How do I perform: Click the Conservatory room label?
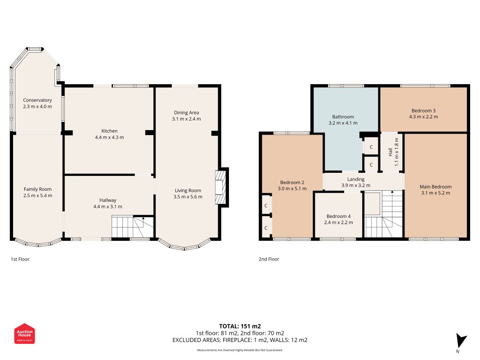tap(37, 100)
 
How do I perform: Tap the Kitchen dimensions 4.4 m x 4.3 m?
tap(109, 137)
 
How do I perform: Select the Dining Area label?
tap(186, 112)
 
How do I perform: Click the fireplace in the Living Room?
tap(220, 187)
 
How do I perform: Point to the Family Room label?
tap(38, 189)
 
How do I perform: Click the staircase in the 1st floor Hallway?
tap(133, 226)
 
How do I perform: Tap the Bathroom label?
tap(343, 117)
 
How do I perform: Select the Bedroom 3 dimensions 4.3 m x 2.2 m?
tap(423, 117)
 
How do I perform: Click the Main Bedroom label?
tap(435, 187)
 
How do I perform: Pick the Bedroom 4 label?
tap(339, 216)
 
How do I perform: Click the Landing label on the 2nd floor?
tap(356, 179)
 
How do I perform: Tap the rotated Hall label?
tap(390, 152)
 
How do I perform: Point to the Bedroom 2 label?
tap(292, 182)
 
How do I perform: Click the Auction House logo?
tap(24, 333)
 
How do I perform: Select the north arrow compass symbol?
tap(461, 342)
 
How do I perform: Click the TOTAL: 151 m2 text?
tap(240, 326)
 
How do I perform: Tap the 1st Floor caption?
tap(20, 259)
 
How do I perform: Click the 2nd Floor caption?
tap(269, 259)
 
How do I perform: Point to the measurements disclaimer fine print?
tap(240, 350)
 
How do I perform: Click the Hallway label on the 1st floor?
tap(108, 200)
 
